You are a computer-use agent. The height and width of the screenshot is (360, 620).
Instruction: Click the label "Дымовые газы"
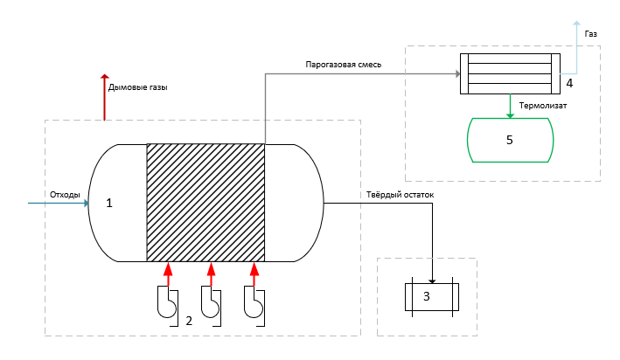(137, 87)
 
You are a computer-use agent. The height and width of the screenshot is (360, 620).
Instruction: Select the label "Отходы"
(65, 194)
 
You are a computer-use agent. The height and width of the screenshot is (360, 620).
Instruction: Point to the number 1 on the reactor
(109, 203)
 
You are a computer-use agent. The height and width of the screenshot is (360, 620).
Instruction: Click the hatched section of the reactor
(206, 203)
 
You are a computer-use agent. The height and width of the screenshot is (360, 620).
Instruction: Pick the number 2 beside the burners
(188, 321)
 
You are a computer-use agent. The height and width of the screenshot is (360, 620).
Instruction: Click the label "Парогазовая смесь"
(343, 65)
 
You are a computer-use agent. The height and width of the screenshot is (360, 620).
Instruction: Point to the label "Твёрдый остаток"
(396, 195)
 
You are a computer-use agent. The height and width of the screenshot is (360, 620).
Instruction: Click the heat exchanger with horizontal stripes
(511, 73)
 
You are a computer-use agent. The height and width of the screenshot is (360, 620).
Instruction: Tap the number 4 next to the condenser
(569, 83)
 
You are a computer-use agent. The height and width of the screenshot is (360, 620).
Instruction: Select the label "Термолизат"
(543, 106)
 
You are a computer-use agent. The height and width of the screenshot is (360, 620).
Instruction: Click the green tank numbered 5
(511, 139)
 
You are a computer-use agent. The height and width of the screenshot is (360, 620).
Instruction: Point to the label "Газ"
(592, 34)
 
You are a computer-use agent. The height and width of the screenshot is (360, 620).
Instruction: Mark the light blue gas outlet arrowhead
(575, 24)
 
